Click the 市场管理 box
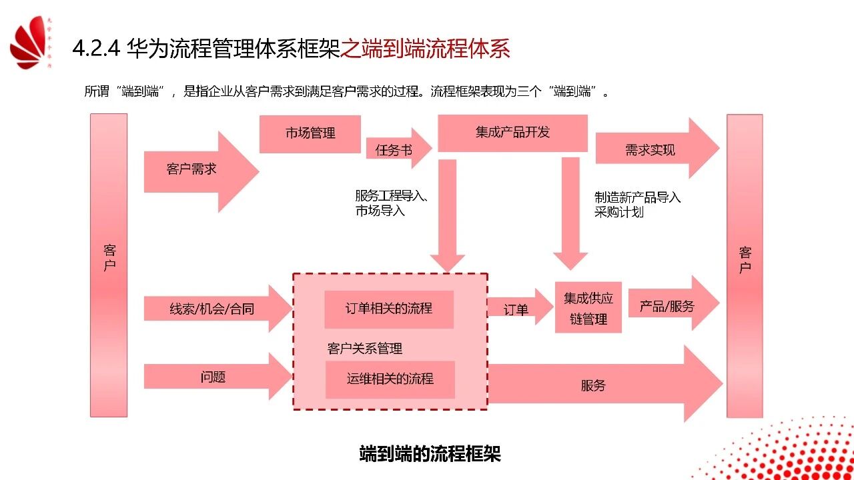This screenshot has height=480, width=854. tap(310, 133)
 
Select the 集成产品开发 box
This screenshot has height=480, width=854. tap(512, 133)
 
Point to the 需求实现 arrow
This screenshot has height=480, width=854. tap(651, 150)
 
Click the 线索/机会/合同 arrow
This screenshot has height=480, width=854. tap(212, 309)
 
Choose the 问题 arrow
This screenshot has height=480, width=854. tap(213, 377)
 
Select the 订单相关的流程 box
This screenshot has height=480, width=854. tap(389, 309)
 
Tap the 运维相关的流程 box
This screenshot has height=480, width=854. tap(390, 379)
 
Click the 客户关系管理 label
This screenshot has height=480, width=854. tap(365, 349)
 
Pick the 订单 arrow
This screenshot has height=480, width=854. tap(517, 309)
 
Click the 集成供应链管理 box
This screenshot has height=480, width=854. tap(588, 308)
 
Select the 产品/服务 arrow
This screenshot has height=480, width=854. tap(668, 306)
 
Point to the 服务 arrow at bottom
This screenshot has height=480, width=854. tap(594, 385)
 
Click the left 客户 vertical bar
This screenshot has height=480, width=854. tap(109, 265)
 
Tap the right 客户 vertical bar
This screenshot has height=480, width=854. tap(745, 265)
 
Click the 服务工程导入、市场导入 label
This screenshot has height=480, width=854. tap(391, 203)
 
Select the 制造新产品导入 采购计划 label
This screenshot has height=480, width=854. tap(637, 205)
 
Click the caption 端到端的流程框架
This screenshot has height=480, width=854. tap(430, 454)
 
